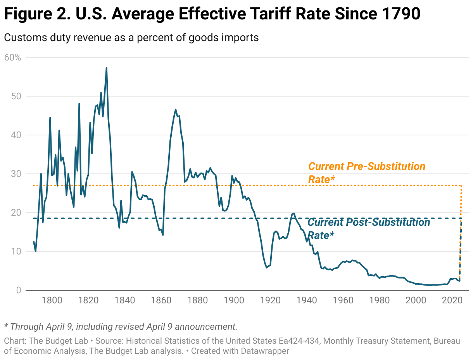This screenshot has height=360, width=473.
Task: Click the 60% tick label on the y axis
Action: coord(12,57)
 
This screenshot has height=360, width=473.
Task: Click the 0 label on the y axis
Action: coord(18,290)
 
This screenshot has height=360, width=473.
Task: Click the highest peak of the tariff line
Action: coord(106,68)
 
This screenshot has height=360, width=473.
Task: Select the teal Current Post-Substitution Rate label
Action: coord(368,228)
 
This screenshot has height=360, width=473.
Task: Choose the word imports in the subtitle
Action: coord(239,38)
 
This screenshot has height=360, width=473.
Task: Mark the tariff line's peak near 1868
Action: coord(176,109)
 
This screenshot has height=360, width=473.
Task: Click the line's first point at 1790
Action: coord(34,242)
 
